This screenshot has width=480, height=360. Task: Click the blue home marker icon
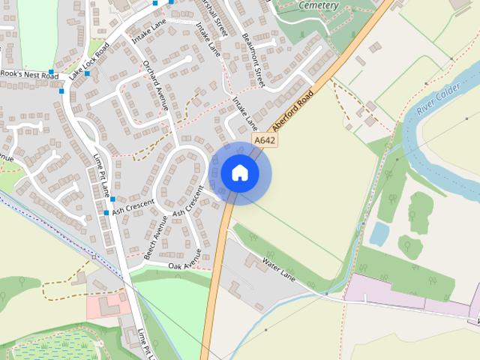(240, 173)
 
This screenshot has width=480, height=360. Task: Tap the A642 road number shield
(264, 140)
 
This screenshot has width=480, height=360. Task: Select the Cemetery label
(319, 5)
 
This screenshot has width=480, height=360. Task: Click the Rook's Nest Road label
(30, 76)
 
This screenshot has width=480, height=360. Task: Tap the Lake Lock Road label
(88, 61)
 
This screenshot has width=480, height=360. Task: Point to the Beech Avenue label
(156, 238)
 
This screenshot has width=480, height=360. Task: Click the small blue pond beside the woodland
(379, 235)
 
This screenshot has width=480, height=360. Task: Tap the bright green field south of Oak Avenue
(172, 307)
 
